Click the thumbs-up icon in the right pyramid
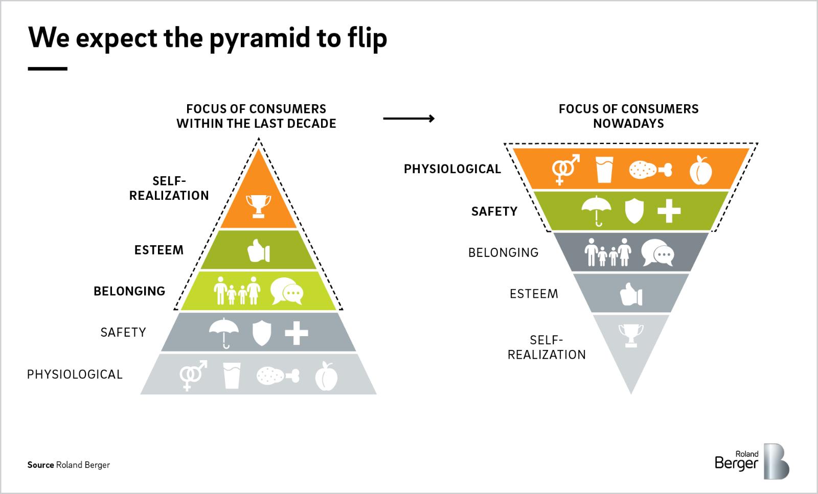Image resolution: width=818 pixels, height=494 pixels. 631,295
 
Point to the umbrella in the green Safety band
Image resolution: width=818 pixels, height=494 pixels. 597,209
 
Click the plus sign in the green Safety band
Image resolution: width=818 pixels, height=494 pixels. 669,210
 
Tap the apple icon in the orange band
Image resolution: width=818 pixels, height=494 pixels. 700,171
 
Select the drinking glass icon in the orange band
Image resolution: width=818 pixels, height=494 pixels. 604,170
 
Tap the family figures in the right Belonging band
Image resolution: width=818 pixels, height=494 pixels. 607,252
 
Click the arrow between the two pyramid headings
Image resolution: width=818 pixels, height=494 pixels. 408,119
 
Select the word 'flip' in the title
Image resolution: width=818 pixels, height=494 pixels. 364,37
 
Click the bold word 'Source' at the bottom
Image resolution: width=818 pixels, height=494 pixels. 40,465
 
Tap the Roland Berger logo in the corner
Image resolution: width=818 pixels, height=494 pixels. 751,461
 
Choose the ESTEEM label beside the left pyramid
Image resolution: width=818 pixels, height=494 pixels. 158,250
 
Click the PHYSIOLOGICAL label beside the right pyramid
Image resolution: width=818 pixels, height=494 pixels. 452,169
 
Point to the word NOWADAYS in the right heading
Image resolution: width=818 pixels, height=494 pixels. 628,124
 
